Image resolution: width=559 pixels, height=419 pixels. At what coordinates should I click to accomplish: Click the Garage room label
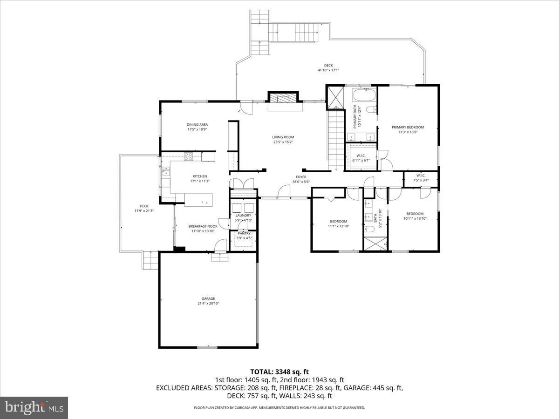point(208,298)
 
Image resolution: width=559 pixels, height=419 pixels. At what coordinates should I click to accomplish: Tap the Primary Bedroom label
point(408,127)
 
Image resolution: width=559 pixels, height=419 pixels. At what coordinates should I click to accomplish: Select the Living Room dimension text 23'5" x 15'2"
point(283,142)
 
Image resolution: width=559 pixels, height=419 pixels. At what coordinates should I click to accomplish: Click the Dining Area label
point(197,124)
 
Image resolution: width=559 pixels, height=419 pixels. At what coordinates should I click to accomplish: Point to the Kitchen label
point(200,176)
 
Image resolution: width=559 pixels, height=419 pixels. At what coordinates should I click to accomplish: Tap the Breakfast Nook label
point(203,226)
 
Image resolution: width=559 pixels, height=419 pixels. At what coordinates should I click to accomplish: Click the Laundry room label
point(243,215)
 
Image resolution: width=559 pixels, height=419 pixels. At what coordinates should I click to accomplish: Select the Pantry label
point(244,233)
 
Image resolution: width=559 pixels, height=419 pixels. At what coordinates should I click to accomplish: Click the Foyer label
point(301,177)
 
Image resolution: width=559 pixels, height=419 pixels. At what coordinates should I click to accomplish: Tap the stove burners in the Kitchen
point(189,156)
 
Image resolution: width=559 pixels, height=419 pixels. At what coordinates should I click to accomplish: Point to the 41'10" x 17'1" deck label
point(328,68)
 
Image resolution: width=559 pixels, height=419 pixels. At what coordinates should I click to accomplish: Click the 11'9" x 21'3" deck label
point(144,208)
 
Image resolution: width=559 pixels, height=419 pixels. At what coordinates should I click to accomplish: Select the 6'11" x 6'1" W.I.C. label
point(361,158)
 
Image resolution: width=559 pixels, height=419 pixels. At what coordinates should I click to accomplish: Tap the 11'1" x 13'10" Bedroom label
point(339,223)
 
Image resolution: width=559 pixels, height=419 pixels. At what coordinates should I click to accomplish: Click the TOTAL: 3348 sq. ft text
point(279,372)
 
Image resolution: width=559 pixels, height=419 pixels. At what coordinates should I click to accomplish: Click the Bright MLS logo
point(34,408)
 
